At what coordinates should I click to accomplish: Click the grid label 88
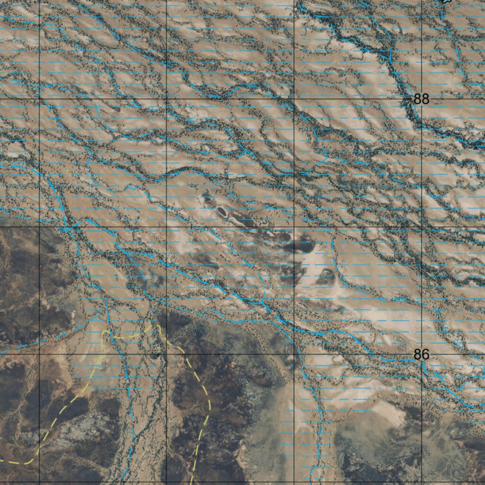click(421, 99)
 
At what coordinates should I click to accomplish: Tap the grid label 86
click(421, 354)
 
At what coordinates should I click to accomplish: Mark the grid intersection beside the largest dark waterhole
click(294, 227)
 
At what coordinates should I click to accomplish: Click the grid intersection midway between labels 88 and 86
click(422, 227)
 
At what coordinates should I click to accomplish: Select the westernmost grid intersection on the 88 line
click(39, 99)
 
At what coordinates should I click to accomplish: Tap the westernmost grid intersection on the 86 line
click(39, 354)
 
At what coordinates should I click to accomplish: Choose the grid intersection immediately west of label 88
click(294, 99)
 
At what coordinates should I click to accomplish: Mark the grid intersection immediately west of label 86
click(294, 354)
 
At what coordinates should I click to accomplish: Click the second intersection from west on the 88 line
click(167, 99)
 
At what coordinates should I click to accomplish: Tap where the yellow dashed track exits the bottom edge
click(191, 483)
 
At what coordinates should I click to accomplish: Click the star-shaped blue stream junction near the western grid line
click(69, 229)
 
